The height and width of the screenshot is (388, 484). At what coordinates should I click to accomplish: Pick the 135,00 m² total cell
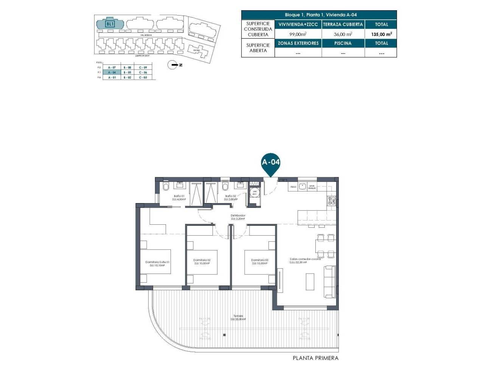381,34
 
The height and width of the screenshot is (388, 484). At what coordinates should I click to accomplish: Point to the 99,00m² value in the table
298,34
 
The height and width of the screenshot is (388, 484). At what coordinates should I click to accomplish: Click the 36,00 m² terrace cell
343,34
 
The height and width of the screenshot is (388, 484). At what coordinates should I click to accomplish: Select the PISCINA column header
343,43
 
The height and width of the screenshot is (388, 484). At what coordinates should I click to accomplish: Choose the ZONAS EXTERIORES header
298,43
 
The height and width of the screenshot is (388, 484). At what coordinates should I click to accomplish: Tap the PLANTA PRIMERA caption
315,358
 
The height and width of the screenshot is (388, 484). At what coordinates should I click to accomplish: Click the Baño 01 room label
179,197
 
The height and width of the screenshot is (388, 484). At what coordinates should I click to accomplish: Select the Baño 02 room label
231,197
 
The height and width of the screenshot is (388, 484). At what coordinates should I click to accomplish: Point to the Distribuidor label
238,217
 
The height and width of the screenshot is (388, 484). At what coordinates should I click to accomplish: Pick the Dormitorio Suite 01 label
157,263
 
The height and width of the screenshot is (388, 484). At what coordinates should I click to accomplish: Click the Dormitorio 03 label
259,261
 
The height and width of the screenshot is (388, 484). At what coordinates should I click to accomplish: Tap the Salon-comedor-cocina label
305,260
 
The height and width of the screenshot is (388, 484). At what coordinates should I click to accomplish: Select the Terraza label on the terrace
238,317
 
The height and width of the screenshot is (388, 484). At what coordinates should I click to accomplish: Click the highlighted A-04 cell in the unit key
112,72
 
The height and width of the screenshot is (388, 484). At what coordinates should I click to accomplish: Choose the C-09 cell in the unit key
143,67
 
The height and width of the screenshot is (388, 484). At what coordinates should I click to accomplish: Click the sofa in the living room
330,281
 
